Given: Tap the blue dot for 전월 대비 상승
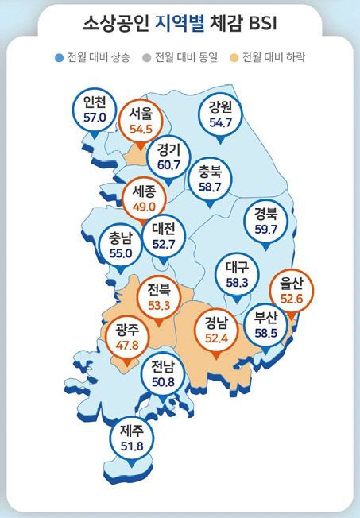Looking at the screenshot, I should coord(59,57).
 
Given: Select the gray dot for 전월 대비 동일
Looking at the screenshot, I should coord(146,57).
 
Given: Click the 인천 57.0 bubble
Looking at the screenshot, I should coord(94,110).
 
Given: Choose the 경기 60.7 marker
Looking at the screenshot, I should coord(168,158).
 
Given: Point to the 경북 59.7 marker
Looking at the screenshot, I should coord(265,222).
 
